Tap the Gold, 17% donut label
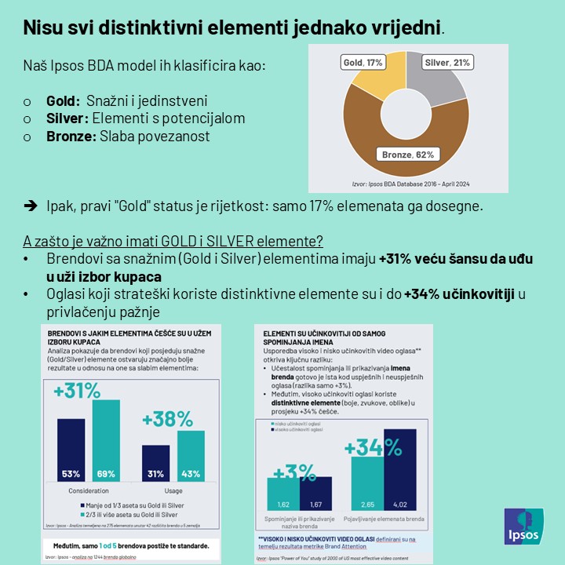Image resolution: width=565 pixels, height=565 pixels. click(362, 61)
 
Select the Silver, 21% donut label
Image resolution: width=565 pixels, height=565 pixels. click(447, 61)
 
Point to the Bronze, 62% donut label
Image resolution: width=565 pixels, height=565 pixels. click(407, 154)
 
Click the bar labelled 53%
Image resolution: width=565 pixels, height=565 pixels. click(71, 447)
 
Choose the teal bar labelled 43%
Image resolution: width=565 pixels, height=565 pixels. click(190, 455)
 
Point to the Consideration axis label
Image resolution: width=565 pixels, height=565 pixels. click(89, 490)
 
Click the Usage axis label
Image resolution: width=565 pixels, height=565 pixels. click(173, 490)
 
